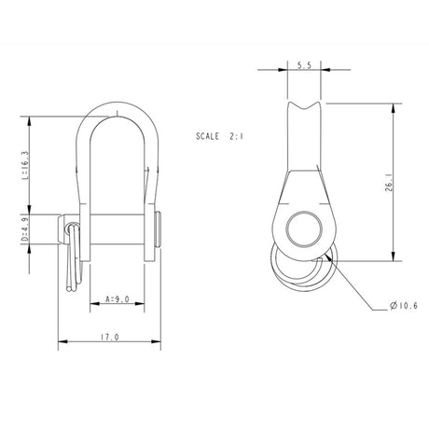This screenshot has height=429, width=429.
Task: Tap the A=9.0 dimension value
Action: tap(118, 300)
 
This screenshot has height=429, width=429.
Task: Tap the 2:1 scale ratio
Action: tap(239, 136)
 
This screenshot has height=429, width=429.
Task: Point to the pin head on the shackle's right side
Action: tap(161, 228)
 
